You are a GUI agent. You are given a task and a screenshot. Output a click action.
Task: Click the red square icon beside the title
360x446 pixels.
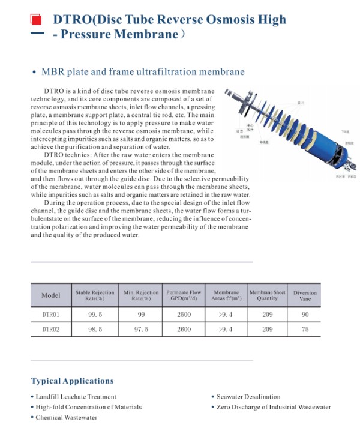(x=37, y=20)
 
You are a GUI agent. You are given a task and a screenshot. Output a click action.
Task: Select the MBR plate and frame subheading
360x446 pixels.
(x=143, y=72)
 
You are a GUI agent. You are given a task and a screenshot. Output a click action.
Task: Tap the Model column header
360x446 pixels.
(x=51, y=295)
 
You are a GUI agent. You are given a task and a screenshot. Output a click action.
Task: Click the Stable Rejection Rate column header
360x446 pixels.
(x=95, y=295)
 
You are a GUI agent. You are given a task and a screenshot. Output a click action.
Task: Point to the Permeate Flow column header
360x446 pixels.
(x=184, y=295)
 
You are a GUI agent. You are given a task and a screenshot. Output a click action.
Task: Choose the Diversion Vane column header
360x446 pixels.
(x=305, y=295)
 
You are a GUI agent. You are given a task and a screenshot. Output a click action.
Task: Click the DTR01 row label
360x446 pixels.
(x=51, y=314)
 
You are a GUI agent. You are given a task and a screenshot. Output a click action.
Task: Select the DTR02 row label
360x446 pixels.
(x=51, y=330)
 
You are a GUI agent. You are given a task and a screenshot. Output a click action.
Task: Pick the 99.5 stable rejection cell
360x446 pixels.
(x=95, y=314)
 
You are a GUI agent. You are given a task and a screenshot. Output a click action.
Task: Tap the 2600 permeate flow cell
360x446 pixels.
(x=184, y=330)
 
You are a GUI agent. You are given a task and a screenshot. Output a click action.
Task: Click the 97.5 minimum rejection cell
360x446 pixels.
(x=141, y=330)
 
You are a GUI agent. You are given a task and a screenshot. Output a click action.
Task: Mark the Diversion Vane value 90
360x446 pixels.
(x=305, y=314)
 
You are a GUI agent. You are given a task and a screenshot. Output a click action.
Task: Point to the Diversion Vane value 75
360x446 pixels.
(x=305, y=330)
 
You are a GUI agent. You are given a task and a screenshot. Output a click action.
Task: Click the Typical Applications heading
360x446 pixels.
(x=72, y=381)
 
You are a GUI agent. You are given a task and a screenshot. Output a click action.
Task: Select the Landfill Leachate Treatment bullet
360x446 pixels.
(x=76, y=397)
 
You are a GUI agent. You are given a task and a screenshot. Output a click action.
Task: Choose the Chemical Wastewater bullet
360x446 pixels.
(x=66, y=417)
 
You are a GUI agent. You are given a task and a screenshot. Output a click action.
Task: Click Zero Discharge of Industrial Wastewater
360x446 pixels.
(x=274, y=407)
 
